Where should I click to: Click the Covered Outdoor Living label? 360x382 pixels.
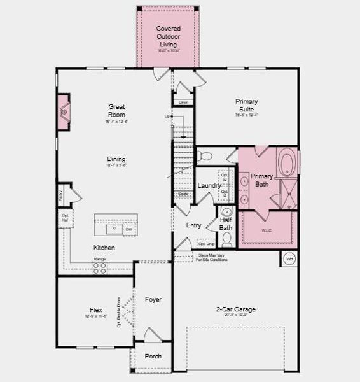tap(168, 36)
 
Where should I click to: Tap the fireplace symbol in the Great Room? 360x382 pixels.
tap(64, 113)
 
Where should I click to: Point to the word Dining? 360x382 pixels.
tap(116, 159)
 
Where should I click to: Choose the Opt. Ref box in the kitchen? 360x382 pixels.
tap(65, 218)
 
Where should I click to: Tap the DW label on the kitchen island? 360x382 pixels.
tap(128, 229)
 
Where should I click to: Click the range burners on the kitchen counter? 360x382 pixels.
tap(100, 268)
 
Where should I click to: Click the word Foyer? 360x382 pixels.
tap(153, 299)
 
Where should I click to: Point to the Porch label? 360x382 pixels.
tap(153, 357)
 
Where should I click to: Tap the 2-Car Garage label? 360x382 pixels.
tap(235, 309)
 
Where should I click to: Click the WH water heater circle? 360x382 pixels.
tap(289, 259)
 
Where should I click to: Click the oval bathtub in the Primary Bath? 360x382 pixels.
tap(287, 162)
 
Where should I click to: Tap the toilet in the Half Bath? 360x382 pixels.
tap(226, 238)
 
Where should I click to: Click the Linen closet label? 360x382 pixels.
tap(183, 102)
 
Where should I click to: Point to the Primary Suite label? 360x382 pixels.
tap(246, 105)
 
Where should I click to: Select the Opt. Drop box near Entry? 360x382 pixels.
tap(206, 243)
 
